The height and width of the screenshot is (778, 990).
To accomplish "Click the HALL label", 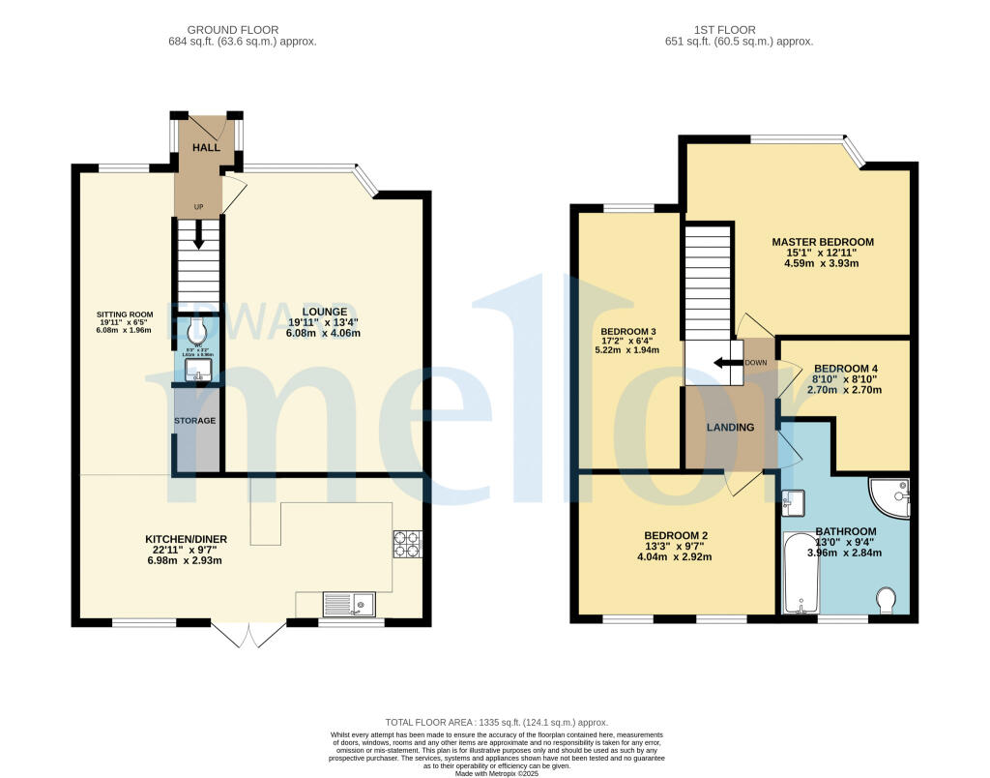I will (x=205, y=147).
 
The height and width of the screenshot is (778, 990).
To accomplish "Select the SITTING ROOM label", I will (x=125, y=314).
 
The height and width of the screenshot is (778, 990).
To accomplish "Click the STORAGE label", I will (x=194, y=421).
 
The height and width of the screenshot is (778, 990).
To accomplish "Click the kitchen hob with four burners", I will (x=406, y=545).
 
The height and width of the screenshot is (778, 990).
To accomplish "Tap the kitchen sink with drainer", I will (x=348, y=605).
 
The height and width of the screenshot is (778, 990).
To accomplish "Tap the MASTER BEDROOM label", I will (x=822, y=242).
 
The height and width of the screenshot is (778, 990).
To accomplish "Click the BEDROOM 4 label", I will (x=846, y=369).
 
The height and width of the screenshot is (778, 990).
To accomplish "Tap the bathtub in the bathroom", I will (x=800, y=573).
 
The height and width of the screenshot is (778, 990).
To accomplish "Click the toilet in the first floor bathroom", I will (x=887, y=601).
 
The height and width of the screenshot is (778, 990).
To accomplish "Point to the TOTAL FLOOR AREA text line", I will (x=496, y=722).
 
